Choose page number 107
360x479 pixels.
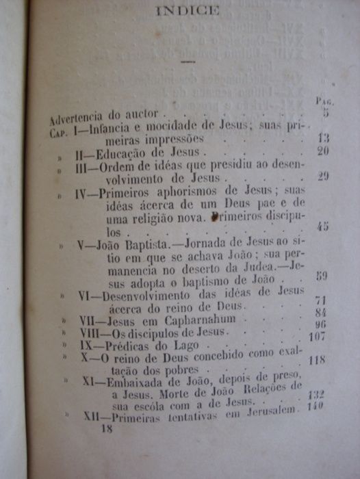(317, 336)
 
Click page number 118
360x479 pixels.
(316, 360)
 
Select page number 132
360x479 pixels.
(316, 395)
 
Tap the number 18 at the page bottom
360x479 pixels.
(106, 428)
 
